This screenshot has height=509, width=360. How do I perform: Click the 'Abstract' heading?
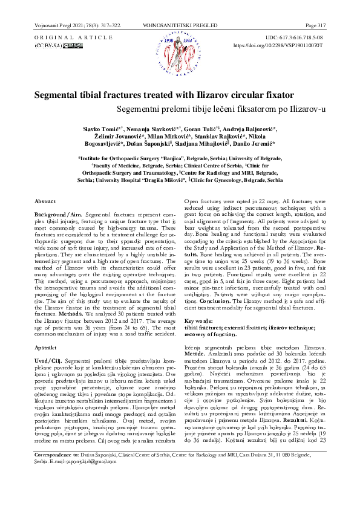[x=45, y=200]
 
